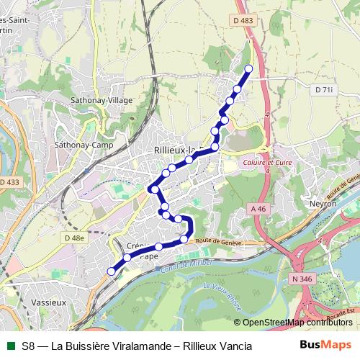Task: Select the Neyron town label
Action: (323, 204)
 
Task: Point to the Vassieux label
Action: (50, 303)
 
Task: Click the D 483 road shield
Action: (244, 22)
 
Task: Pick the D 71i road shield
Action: (324, 89)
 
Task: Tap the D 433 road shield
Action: (9, 182)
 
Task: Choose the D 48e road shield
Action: (73, 238)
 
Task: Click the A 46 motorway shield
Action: (259, 208)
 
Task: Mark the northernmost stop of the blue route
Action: (249, 69)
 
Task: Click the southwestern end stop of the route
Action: (111, 271)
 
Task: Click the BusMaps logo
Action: (329, 345)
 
